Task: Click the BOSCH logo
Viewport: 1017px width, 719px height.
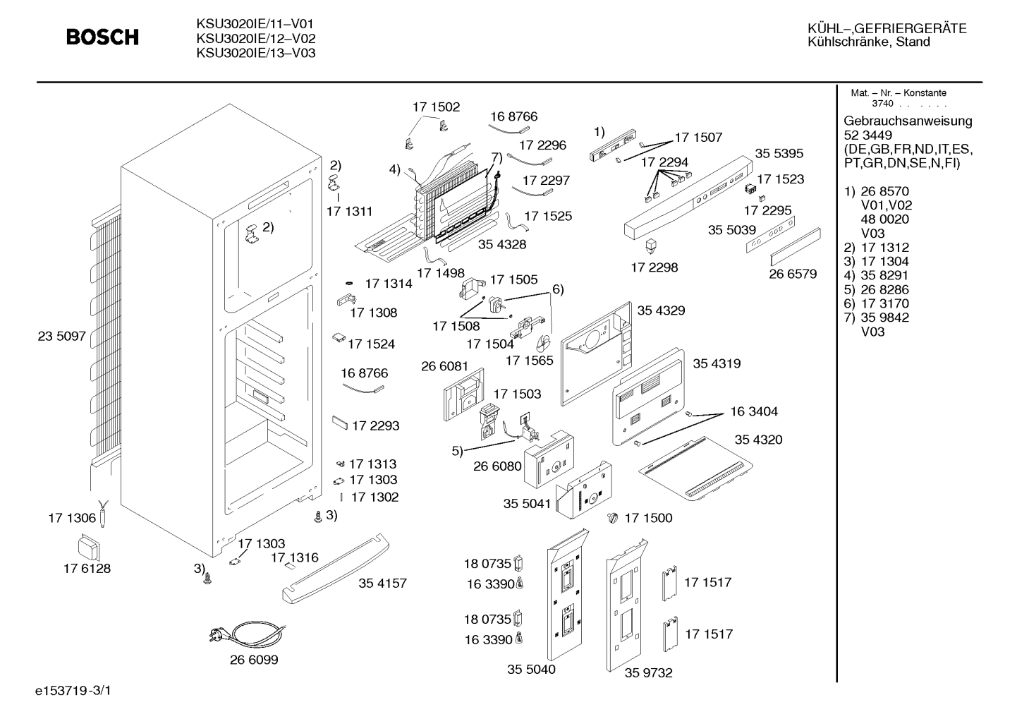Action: pos(102,37)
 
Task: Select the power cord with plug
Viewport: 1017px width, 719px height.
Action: pos(248,634)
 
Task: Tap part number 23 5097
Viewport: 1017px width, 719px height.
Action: pos(62,336)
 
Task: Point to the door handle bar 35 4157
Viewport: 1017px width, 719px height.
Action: pos(336,568)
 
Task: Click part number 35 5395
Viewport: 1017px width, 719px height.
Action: pos(779,154)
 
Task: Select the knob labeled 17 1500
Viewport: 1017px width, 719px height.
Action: pos(613,517)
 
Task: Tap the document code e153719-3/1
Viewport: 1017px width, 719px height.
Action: pos(73,691)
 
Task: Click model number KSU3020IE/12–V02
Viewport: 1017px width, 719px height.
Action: pos(255,38)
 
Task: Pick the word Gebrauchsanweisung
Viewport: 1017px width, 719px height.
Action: pos(907,121)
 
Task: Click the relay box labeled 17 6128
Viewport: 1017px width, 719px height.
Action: pos(89,549)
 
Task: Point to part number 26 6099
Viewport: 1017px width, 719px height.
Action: pos(254,660)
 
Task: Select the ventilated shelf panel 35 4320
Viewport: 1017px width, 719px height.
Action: pos(695,469)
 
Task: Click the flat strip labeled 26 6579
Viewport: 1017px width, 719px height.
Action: pos(796,246)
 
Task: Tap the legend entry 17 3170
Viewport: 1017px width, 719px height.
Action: pos(885,303)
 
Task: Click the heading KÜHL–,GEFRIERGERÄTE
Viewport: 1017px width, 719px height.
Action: pos(887,29)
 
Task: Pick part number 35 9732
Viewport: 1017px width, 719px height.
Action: pos(648,672)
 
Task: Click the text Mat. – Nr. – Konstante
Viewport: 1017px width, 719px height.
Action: pos(899,93)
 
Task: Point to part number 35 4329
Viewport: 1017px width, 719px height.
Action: pos(661,310)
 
